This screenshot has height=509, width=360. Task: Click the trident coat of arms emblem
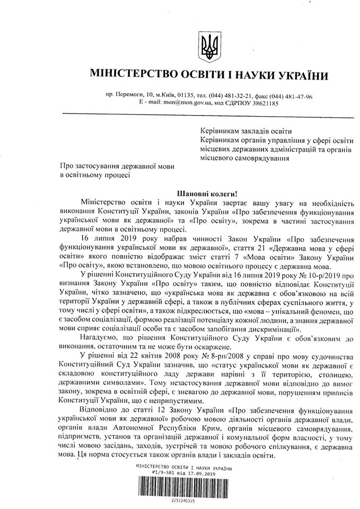[x=208, y=45]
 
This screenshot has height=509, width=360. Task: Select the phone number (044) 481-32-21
[x=232, y=96]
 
